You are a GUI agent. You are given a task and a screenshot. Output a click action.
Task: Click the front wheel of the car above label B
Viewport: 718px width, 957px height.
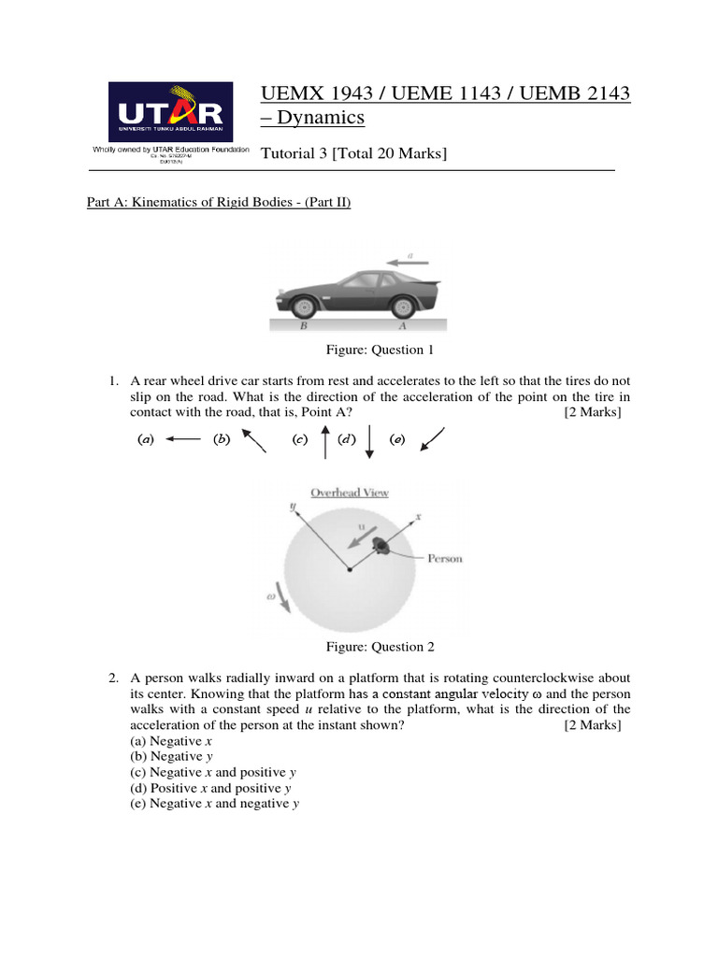tap(303, 305)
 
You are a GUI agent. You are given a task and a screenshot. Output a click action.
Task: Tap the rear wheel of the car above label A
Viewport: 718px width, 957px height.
tap(403, 305)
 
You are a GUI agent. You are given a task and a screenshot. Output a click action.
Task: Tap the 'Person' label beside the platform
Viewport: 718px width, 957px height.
tap(445, 559)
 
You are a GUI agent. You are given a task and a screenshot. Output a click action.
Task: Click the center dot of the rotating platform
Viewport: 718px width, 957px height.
tap(350, 569)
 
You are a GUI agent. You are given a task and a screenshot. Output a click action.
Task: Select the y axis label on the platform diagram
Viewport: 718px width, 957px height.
tap(293, 506)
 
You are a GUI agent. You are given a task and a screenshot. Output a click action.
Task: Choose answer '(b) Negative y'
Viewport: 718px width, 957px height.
tap(178, 756)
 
